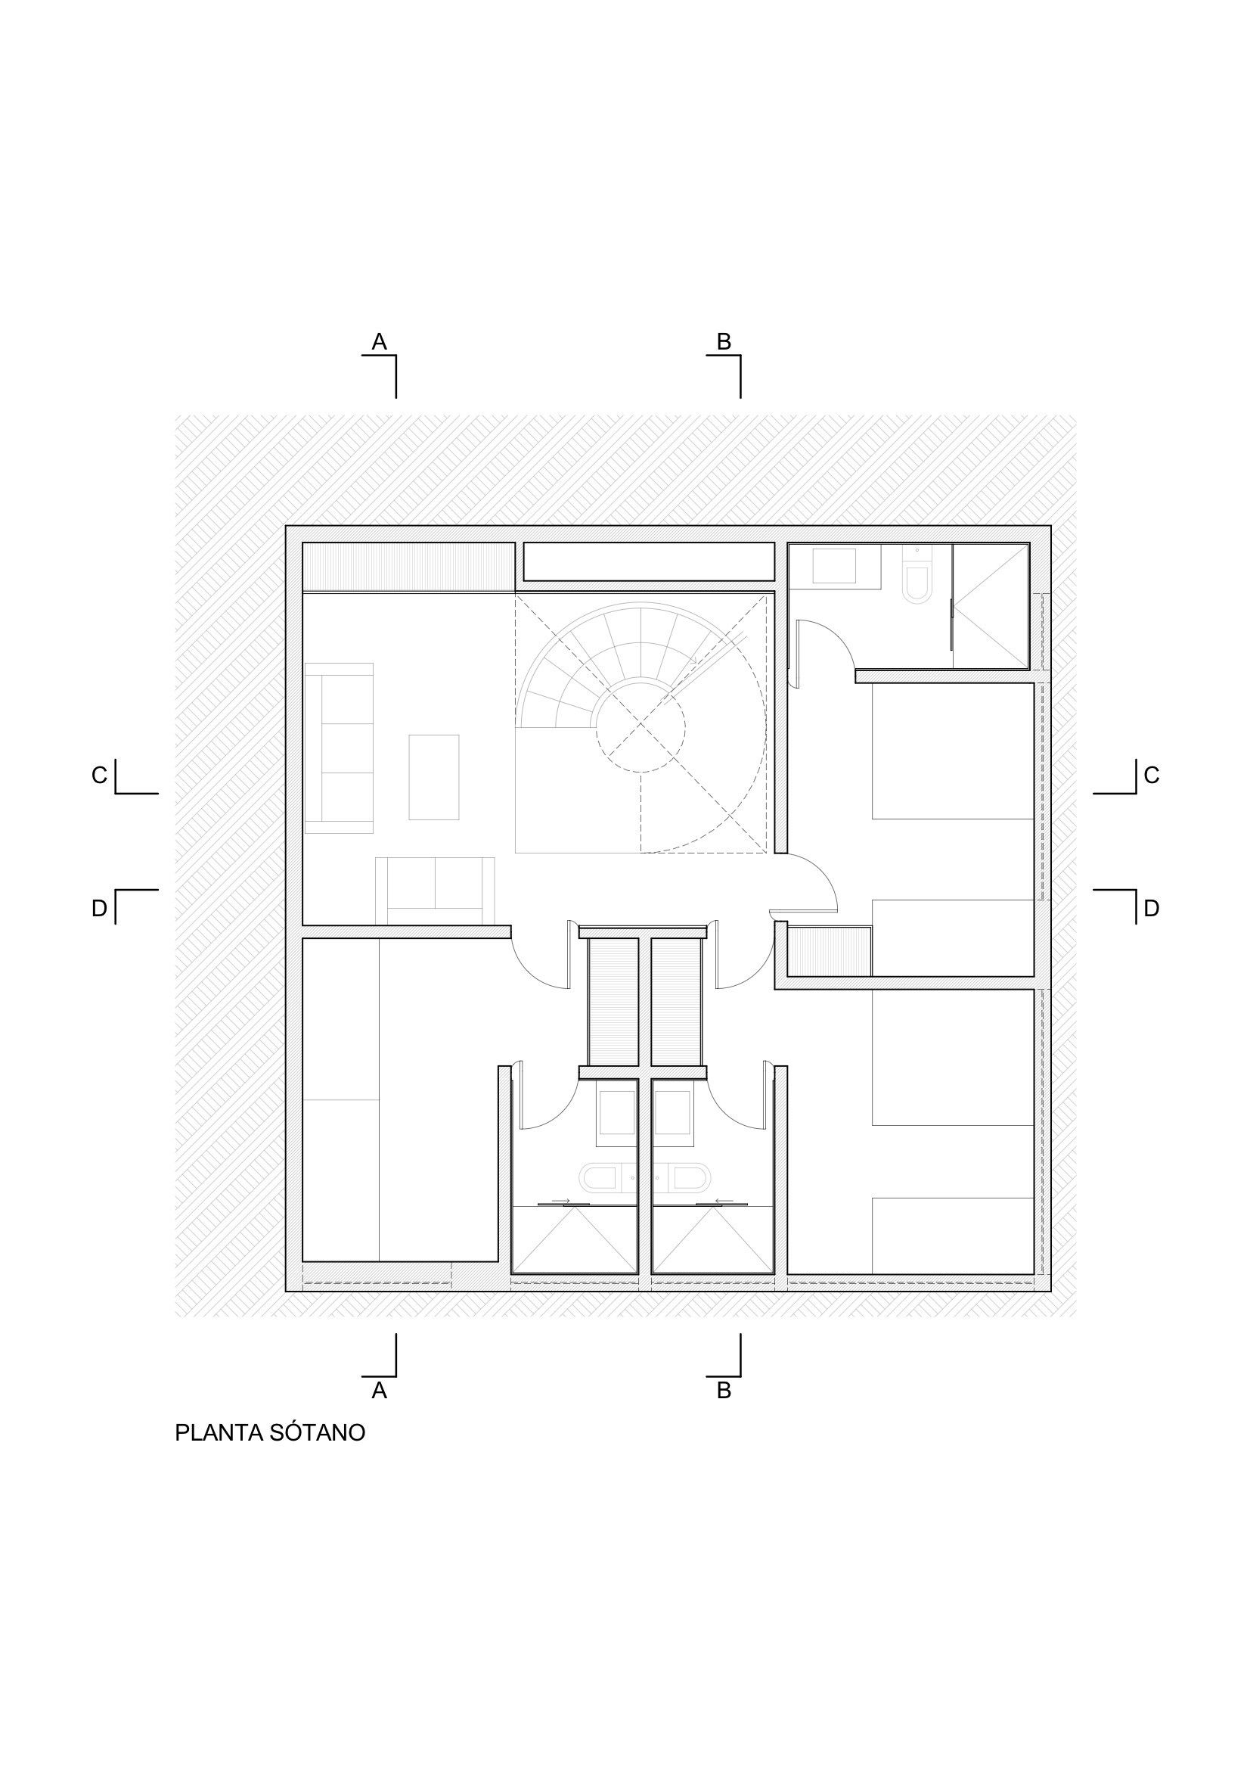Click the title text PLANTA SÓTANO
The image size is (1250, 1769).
(x=269, y=1432)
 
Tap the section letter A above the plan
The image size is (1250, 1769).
(x=379, y=341)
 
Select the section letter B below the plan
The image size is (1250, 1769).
(x=724, y=1390)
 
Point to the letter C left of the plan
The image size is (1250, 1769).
(x=99, y=775)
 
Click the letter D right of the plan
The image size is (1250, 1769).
(x=1152, y=909)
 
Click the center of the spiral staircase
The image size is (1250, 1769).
(x=640, y=725)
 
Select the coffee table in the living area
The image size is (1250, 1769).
(x=433, y=777)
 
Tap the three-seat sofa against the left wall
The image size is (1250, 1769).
(x=339, y=748)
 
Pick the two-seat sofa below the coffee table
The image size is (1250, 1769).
(x=435, y=890)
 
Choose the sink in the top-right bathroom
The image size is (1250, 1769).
(x=834, y=566)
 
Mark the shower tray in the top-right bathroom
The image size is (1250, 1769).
(x=991, y=605)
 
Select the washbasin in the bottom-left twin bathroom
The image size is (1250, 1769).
(x=617, y=1112)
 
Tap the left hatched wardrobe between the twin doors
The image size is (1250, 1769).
(x=613, y=1002)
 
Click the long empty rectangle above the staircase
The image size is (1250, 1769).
(x=650, y=561)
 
